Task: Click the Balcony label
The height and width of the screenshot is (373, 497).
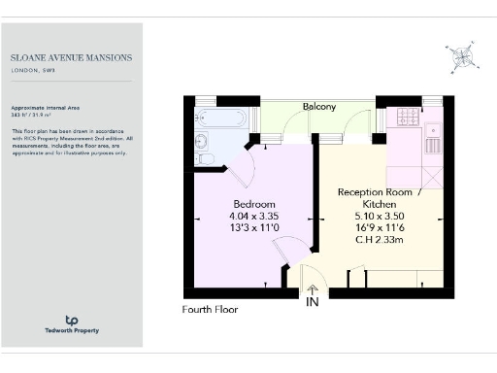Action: pos(318,106)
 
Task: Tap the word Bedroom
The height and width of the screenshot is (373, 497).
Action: pos(253,203)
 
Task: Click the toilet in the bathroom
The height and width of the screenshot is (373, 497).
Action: pos(204,157)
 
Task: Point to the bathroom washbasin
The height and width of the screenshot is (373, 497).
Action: pos(203,139)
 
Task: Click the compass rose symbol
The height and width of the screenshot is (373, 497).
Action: pos(459,57)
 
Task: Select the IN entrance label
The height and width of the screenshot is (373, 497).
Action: pos(313,303)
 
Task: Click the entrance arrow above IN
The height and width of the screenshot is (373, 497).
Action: pos(313,288)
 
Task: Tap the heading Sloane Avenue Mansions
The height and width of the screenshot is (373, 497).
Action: pos(72,57)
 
